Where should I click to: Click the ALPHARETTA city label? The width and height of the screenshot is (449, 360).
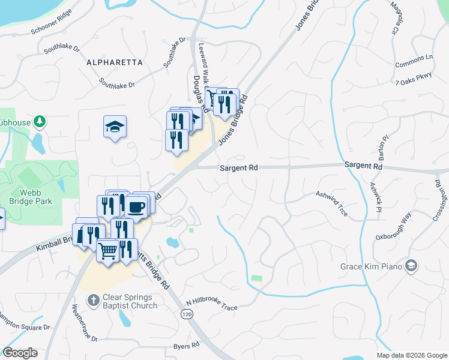pos(114,62)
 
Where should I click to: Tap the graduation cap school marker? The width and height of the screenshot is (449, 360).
pos(115,127)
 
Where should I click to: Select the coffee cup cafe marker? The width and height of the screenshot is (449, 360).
pos(136,208)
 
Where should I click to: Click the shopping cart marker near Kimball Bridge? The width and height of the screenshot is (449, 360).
pos(107,251)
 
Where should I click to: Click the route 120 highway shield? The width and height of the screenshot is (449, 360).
pos(187,314)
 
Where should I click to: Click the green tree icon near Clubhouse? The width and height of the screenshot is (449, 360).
pos(40,122)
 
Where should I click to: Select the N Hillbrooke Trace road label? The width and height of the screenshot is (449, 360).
pos(211,306)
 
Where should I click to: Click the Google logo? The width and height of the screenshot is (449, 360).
pos(20,353)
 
